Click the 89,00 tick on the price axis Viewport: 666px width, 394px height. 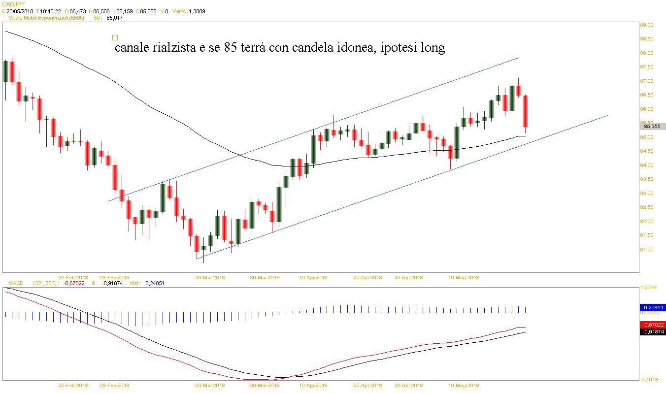click(646, 25)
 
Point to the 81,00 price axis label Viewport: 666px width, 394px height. click(646, 249)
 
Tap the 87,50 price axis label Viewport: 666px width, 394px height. click(646, 67)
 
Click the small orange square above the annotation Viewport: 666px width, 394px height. click(115, 37)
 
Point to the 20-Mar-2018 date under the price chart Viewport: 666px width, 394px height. click(210, 277)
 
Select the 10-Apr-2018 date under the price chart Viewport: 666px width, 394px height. click(314, 277)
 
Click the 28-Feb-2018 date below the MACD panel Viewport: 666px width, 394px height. click(114, 386)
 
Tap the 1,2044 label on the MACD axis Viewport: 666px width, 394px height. click(649, 288)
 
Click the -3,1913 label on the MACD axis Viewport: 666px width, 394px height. click(649, 379)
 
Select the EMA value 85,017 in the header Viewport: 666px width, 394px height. click(114, 18)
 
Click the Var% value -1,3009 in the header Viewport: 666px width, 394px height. click(196, 11)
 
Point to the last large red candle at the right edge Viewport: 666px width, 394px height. click(526, 111)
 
